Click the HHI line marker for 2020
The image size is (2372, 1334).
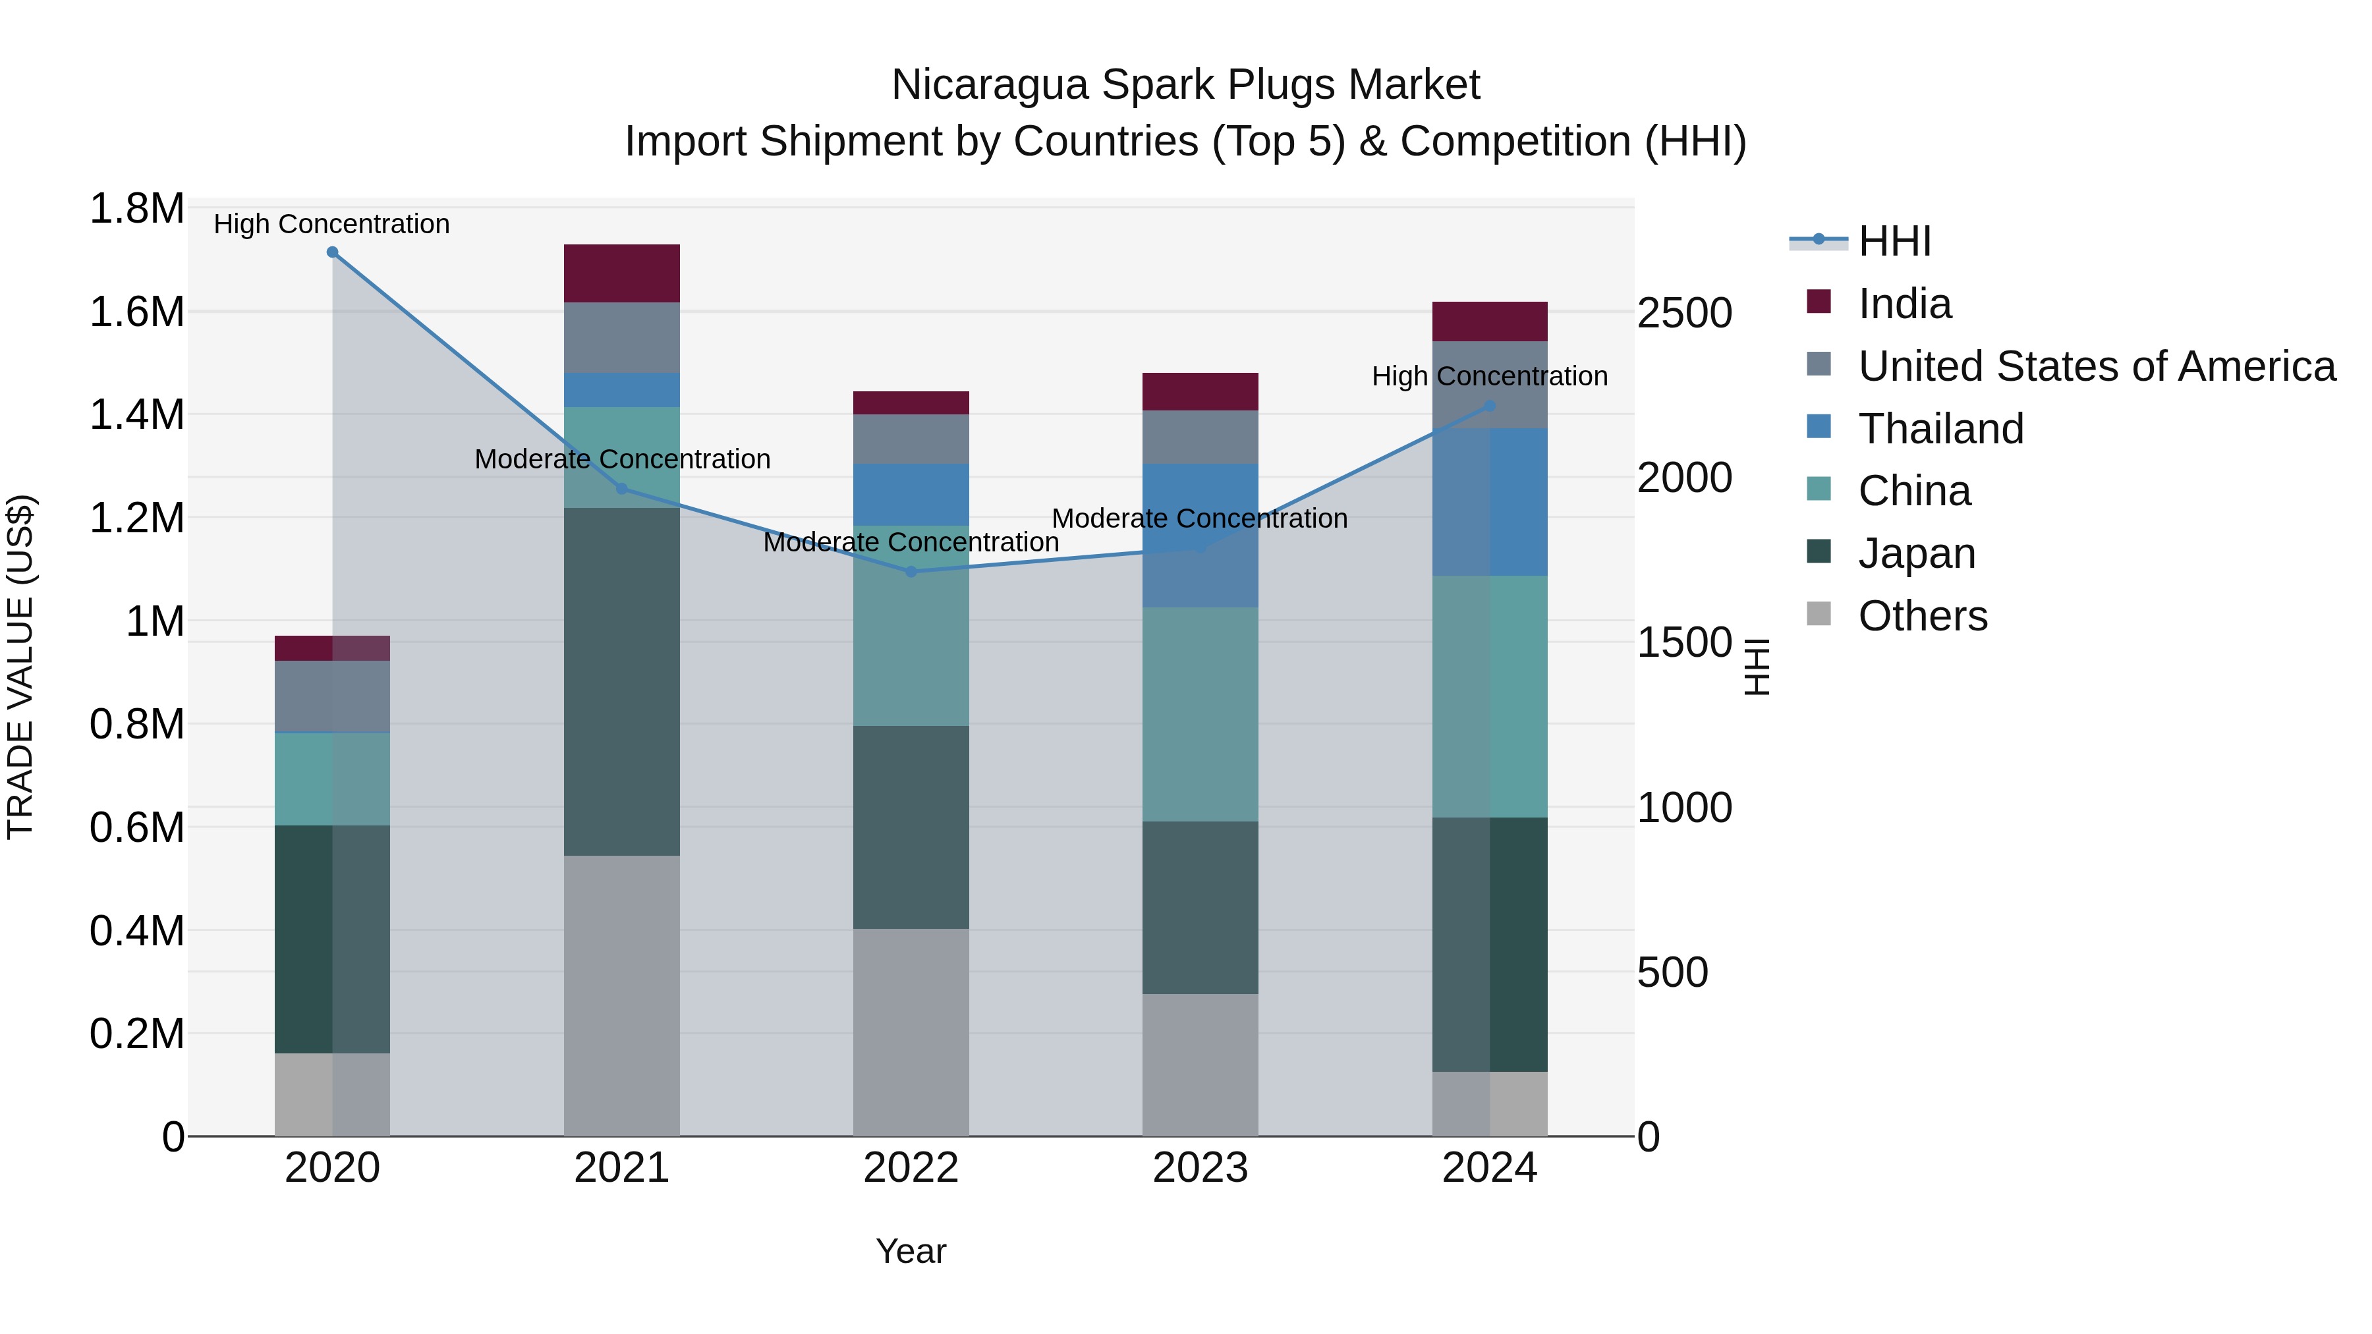tap(333, 252)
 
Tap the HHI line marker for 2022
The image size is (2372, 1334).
tap(911, 572)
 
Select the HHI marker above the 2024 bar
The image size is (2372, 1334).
tap(1490, 406)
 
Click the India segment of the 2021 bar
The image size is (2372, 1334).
tap(621, 273)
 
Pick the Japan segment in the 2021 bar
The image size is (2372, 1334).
tap(621, 681)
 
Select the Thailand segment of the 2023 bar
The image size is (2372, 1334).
tap(1200, 535)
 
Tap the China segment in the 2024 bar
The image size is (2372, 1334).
tap(1490, 696)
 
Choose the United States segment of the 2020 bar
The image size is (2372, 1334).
tap(333, 696)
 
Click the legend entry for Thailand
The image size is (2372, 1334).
tap(1940, 429)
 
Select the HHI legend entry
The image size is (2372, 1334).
tap(1894, 241)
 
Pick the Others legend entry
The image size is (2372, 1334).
tap(1922, 616)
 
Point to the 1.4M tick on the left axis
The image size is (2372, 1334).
tap(137, 415)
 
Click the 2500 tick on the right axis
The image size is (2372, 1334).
tap(1684, 313)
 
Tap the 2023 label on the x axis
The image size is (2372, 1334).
tap(1200, 1168)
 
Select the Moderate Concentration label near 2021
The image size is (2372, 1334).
tap(623, 459)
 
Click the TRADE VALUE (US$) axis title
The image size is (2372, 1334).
tap(20, 667)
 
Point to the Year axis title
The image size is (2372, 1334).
tap(911, 1251)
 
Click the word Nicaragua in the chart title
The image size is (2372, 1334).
tap(990, 85)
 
